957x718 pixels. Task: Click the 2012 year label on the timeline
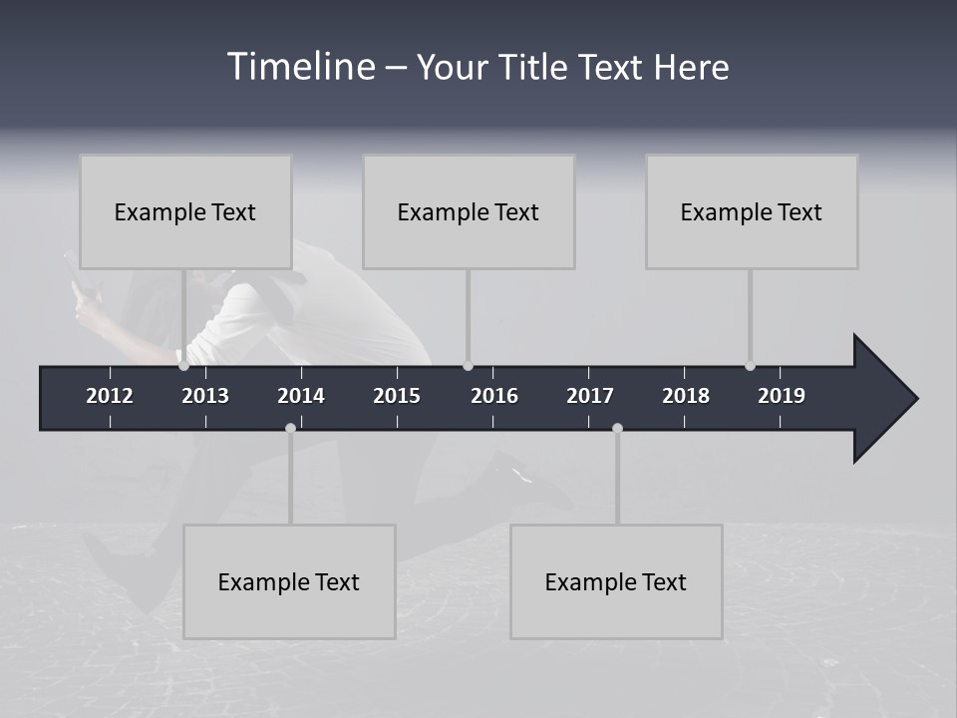coord(110,396)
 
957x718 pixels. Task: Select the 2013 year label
coord(205,396)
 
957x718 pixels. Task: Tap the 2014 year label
coord(301,396)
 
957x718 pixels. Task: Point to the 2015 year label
coord(397,396)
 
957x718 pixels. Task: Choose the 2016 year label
coord(494,396)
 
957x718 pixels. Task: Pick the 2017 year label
coord(590,396)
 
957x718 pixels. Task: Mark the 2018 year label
coord(686,396)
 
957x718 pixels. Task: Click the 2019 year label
coord(782,396)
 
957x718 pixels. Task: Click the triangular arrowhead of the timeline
coord(883,398)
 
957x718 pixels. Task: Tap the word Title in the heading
coord(537,67)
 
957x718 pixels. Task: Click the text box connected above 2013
coord(185,211)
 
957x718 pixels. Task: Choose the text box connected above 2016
coord(469,211)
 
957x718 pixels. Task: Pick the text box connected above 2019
coord(752,211)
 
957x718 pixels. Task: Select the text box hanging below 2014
coord(289,581)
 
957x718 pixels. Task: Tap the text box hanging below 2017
coord(616,581)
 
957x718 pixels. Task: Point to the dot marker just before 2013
coord(183,366)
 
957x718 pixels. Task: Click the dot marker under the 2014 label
coord(290,428)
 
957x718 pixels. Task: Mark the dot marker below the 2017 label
coord(617,428)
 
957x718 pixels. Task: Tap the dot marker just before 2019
coord(750,366)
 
